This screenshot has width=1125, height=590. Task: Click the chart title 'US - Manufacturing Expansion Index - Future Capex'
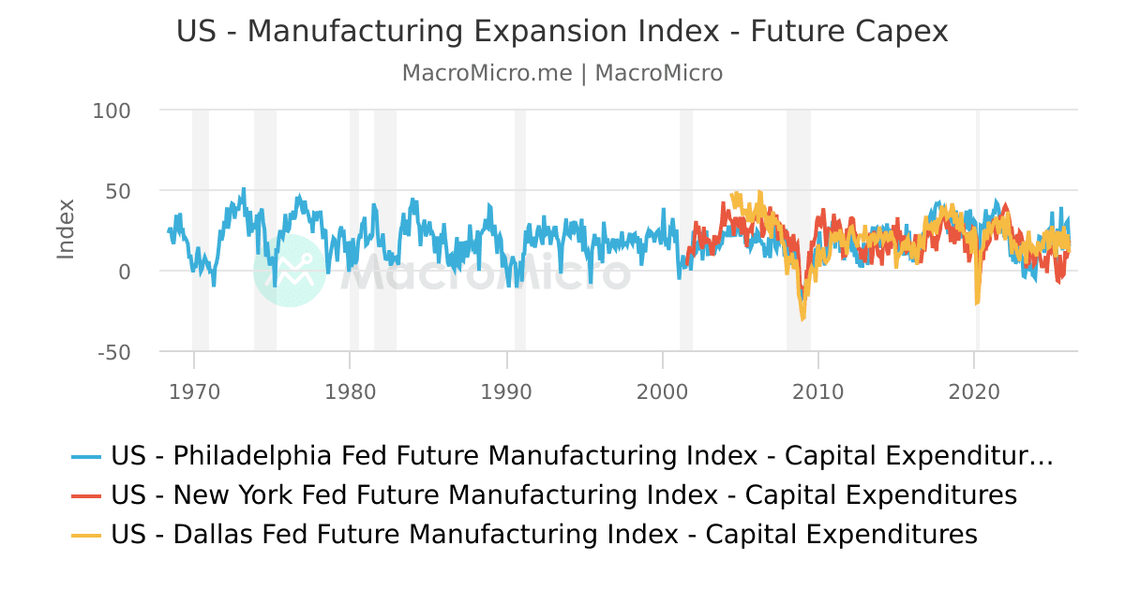(562, 32)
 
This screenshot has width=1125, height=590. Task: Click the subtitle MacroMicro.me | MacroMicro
(562, 73)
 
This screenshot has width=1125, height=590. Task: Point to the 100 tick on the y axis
(112, 111)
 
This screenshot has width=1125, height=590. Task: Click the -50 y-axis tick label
(112, 352)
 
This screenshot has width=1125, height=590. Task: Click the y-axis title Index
(66, 229)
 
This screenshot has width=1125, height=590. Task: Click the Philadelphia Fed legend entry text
(581, 456)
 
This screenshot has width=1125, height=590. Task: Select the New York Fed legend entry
(562, 494)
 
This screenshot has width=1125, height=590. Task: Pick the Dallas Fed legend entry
(544, 535)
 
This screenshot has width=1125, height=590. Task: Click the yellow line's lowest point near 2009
(802, 318)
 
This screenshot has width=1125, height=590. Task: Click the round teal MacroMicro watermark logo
(290, 271)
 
